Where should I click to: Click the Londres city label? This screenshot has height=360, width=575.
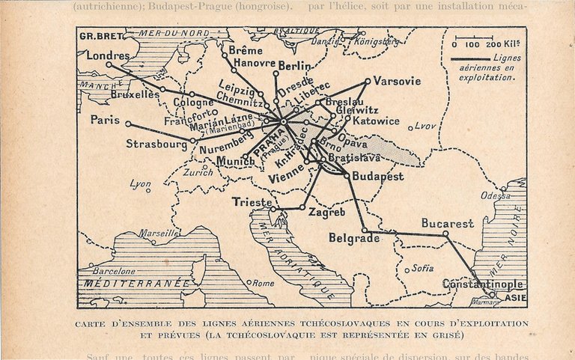click(108, 55)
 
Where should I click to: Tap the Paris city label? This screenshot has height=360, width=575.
click(105, 119)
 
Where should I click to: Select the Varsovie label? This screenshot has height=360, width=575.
click(397, 81)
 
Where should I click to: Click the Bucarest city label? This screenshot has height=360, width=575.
click(447, 223)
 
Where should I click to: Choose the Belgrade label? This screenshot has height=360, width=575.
click(354, 238)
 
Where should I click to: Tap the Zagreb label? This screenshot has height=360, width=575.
click(327, 213)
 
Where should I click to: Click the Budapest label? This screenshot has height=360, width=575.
click(378, 176)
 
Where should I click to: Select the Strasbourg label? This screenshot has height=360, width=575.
click(156, 143)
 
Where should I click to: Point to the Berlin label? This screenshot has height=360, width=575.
click(294, 66)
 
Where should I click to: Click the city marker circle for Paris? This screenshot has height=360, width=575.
click(128, 123)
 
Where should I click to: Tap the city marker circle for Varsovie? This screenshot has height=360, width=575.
click(368, 81)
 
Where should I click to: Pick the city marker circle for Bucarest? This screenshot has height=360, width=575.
click(445, 233)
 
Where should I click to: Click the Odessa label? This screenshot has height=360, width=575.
click(496, 195)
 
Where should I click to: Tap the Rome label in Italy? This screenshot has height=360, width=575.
click(263, 283)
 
